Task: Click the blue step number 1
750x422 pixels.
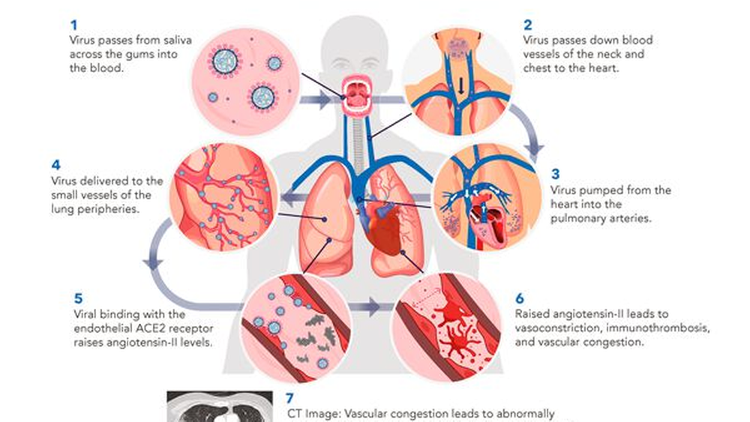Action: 73,25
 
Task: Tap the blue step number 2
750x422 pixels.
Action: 527,25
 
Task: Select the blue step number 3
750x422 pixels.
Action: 555,174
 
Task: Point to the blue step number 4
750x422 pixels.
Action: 56,166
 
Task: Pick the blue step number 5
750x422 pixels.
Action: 79,298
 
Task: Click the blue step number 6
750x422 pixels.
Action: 520,298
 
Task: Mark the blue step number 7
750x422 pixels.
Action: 289,399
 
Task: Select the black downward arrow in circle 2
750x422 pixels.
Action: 461,86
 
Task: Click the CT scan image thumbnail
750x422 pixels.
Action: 220,407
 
